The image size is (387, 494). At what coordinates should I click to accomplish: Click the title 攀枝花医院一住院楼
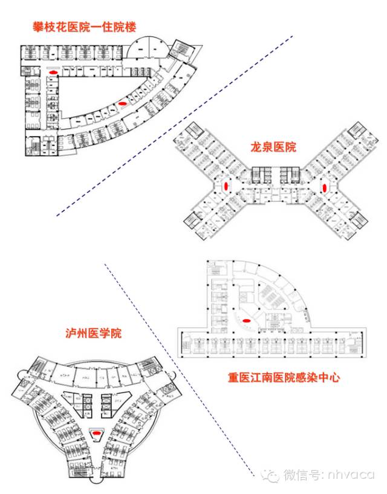click(85, 27)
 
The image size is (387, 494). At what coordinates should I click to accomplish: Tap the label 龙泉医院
click(273, 147)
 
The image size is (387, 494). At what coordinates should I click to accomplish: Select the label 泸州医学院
click(94, 333)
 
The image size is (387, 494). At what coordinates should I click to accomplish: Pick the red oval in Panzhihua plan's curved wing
click(123, 103)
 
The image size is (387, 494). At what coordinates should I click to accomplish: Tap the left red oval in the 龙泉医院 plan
click(227, 186)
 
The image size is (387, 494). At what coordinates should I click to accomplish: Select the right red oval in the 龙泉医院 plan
click(325, 186)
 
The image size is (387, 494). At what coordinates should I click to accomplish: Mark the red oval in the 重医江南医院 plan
click(247, 321)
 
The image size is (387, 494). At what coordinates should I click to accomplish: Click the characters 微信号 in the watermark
click(301, 475)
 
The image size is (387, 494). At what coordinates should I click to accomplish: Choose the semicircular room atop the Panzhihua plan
click(147, 44)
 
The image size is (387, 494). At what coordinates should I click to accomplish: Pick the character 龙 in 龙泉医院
click(256, 147)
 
